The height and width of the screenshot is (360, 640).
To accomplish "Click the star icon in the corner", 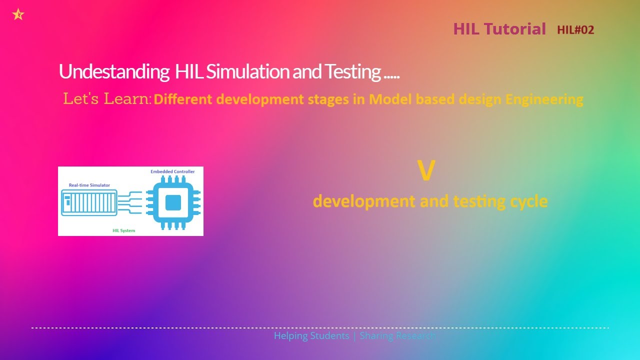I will pyautogui.click(x=18, y=14).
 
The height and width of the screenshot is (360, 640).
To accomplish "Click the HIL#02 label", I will pyautogui.click(x=575, y=30).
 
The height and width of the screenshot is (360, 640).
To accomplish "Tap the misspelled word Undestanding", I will pyautogui.click(x=113, y=72).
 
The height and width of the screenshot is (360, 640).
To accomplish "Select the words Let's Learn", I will pyautogui.click(x=107, y=99).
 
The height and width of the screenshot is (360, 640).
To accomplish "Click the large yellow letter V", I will pyautogui.click(x=426, y=171).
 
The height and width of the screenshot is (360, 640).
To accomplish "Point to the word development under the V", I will pyautogui.click(x=364, y=201).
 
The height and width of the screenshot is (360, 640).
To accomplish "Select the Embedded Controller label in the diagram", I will pyautogui.click(x=172, y=171).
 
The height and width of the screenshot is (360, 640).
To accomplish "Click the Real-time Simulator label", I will pyautogui.click(x=89, y=185).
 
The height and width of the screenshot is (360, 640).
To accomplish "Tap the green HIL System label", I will pyautogui.click(x=123, y=230).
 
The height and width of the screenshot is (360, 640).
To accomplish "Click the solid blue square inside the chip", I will pyautogui.click(x=173, y=202).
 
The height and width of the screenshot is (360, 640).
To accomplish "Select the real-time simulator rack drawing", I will pyautogui.click(x=89, y=202).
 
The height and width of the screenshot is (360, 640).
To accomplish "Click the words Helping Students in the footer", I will pyautogui.click(x=311, y=335).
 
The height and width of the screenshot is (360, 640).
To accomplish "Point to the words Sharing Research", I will pyautogui.click(x=397, y=335).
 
